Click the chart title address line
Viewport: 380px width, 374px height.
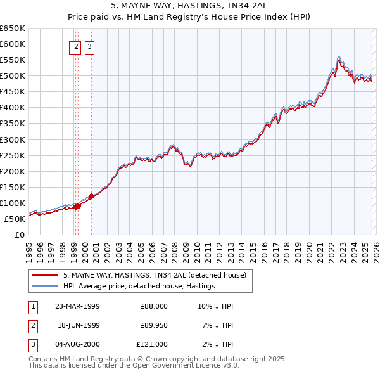(x=189, y=5)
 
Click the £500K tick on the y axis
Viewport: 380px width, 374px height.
(x=13, y=75)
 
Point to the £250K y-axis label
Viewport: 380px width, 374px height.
(x=13, y=155)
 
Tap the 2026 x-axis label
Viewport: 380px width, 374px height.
(x=376, y=248)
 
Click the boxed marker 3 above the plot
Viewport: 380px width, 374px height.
(x=89, y=46)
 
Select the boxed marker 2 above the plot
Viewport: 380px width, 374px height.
(x=75, y=46)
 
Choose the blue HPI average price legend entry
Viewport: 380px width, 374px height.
(x=139, y=286)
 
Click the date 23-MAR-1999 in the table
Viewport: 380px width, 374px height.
(x=77, y=306)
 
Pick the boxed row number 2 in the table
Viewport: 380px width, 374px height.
(x=32, y=325)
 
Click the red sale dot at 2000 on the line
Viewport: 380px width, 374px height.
(x=91, y=196)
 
